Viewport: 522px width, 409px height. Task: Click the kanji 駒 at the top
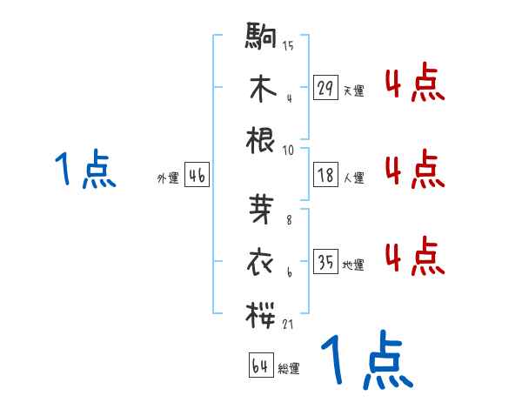[x=262, y=37]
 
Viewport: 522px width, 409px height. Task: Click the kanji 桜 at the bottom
[x=262, y=314]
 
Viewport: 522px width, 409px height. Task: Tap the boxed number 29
[x=325, y=88]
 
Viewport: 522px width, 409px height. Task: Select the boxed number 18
[x=325, y=175]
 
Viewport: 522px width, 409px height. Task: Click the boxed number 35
[x=325, y=263]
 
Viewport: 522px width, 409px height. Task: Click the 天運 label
[x=353, y=91]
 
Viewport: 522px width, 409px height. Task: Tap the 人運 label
[x=353, y=178]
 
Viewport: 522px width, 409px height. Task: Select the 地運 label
[x=353, y=265]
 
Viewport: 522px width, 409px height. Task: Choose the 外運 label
[x=168, y=178]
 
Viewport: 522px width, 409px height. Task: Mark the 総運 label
[x=289, y=368]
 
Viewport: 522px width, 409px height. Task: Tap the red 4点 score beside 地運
[x=414, y=257]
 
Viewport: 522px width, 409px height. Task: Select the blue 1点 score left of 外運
[x=85, y=169]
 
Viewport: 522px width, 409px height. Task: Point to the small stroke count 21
[x=288, y=324]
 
